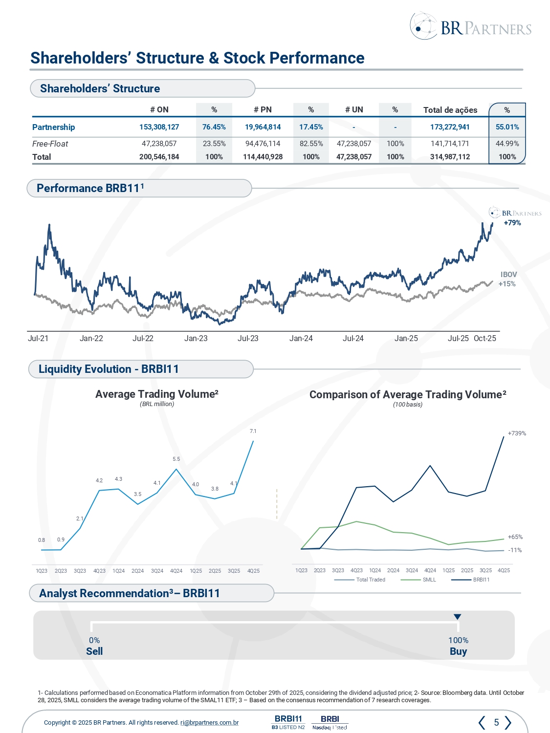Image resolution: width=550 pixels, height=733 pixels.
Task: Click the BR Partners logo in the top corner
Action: [470, 26]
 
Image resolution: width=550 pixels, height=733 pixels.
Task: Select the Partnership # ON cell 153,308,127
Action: [159, 127]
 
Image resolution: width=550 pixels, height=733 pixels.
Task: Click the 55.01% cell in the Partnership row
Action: [507, 127]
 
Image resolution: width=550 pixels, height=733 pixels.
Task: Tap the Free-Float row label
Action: [50, 144]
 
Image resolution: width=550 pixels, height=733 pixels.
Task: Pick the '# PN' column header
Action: [263, 109]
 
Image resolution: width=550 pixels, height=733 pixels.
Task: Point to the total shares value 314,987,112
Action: [450, 157]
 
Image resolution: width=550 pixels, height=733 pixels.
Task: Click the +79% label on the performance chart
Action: [512, 223]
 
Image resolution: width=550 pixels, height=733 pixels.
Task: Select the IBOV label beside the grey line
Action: [508, 275]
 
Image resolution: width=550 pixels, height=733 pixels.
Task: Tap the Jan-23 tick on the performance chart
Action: [196, 338]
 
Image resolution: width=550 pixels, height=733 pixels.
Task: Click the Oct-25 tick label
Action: [484, 338]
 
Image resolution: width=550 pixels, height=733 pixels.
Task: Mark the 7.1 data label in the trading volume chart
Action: [253, 431]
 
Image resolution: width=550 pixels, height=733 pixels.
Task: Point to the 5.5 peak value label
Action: [176, 459]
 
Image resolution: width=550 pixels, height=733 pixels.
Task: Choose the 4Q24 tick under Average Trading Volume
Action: [176, 571]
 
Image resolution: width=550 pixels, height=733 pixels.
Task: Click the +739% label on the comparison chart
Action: [517, 433]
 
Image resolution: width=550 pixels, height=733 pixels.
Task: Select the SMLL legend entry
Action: [429, 580]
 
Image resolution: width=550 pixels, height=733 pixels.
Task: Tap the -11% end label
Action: [515, 550]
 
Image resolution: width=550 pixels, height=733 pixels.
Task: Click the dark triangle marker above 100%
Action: [457, 617]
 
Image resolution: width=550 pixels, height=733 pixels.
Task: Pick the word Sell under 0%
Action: [94, 651]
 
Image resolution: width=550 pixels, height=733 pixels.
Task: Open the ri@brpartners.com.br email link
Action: [209, 723]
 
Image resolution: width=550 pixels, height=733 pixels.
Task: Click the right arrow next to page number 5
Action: [508, 722]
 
